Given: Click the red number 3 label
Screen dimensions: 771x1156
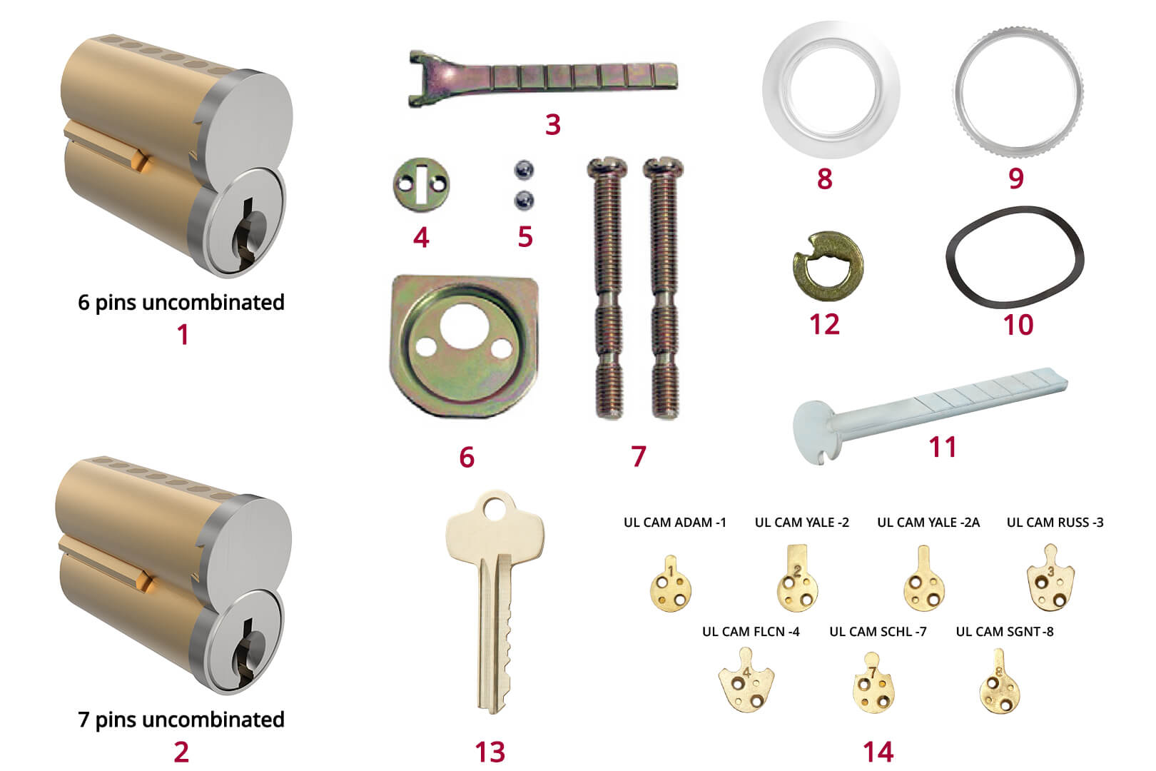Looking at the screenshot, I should pyautogui.click(x=552, y=124).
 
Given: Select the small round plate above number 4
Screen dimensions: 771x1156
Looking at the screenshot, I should pyautogui.click(x=421, y=184).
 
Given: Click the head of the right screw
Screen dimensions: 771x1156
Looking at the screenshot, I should pyautogui.click(x=662, y=169).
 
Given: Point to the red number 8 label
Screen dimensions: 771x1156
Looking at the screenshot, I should pyautogui.click(x=824, y=178).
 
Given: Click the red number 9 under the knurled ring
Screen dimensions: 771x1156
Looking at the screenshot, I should pyautogui.click(x=1016, y=178).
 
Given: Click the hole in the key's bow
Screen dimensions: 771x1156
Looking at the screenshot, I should pyautogui.click(x=495, y=508).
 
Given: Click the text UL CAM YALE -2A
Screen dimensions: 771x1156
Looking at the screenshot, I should pyautogui.click(x=928, y=523).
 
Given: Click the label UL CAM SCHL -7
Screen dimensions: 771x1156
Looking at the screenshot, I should pyautogui.click(x=878, y=632).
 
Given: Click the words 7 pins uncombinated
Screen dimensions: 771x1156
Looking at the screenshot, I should pyautogui.click(x=181, y=720).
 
